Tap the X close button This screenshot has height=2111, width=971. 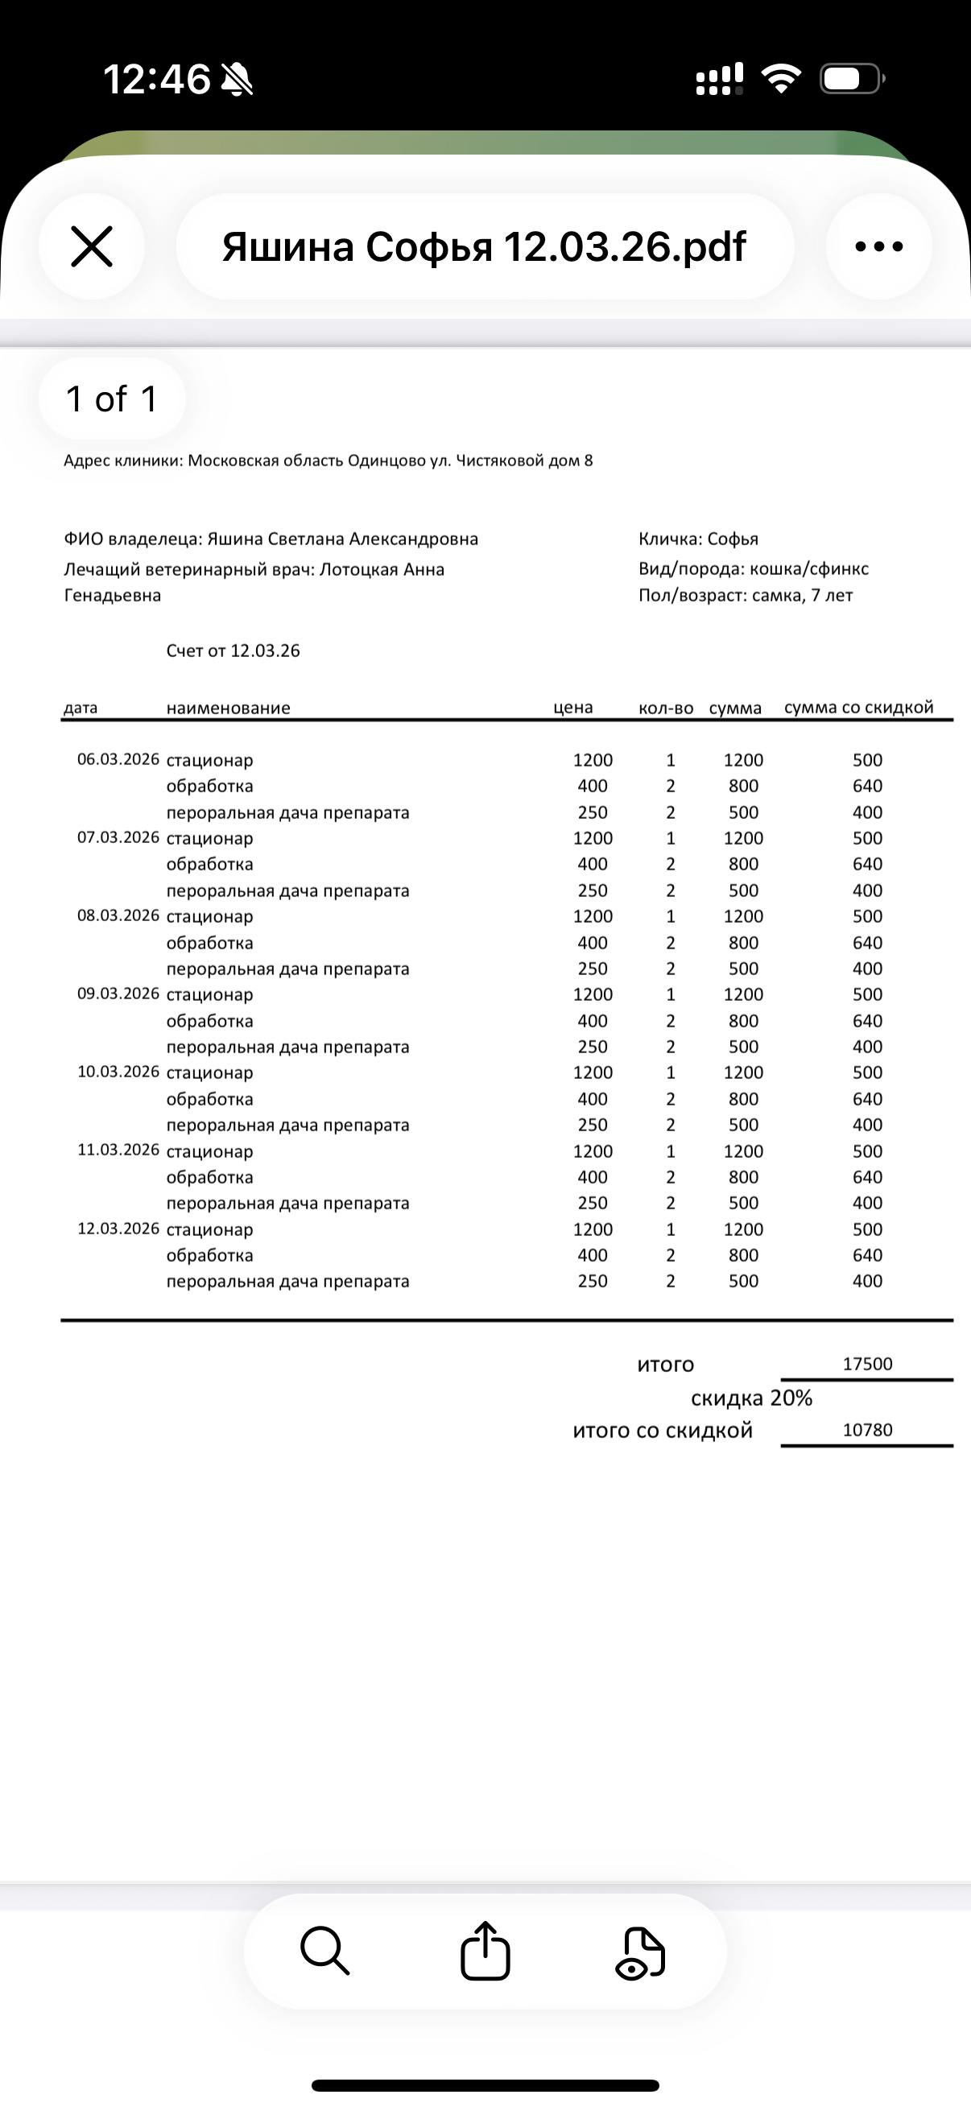click(92, 246)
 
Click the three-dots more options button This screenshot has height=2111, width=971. click(878, 246)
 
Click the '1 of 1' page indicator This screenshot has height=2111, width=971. click(111, 399)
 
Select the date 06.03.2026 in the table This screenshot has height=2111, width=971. click(118, 760)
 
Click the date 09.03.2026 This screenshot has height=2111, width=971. click(118, 994)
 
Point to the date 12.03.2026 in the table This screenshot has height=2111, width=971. click(118, 1229)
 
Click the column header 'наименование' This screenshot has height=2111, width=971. click(228, 708)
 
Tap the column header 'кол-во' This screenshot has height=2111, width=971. click(665, 708)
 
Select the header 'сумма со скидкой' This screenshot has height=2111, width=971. click(858, 707)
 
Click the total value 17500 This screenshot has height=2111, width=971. click(867, 1365)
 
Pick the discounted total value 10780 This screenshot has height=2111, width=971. click(867, 1430)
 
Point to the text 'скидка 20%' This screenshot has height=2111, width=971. click(751, 1398)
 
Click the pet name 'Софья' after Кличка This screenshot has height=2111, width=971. click(733, 539)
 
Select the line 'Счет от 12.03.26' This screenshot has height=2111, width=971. click(233, 651)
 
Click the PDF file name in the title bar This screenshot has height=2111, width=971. click(484, 246)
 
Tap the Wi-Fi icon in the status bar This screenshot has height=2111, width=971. click(781, 79)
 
